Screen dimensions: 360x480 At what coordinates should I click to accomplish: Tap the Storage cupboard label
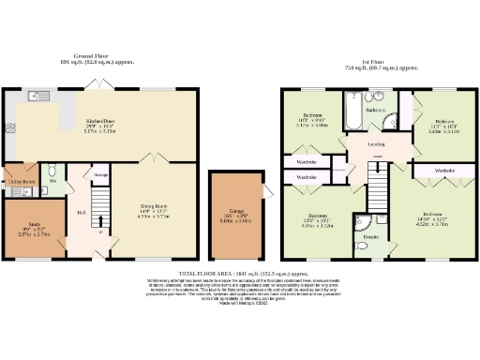click(100, 173)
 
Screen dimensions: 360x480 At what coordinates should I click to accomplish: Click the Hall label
click(82, 212)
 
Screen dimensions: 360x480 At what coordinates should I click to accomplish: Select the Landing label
click(376, 144)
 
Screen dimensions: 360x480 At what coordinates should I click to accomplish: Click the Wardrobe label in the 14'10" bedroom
click(444, 171)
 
